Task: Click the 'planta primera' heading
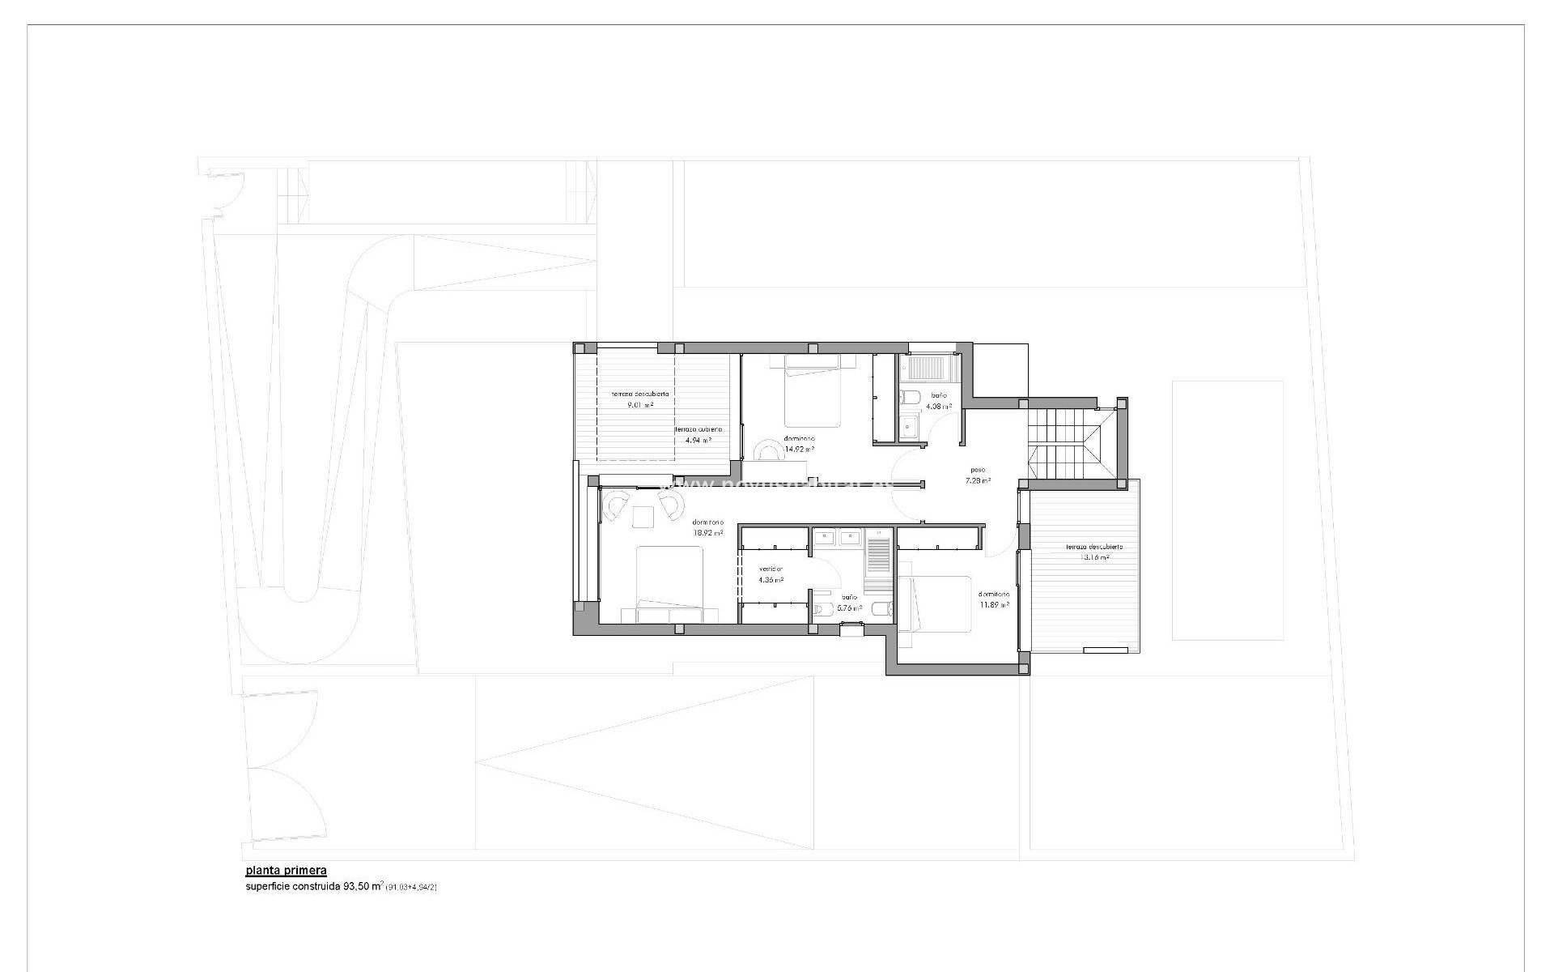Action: (x=286, y=871)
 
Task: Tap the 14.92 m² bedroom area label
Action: (x=798, y=449)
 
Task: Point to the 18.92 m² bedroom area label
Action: (x=707, y=534)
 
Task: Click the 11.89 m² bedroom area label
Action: (x=994, y=604)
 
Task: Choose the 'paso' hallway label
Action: (x=978, y=470)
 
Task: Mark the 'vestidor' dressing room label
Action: (x=771, y=569)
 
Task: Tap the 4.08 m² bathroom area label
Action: (x=938, y=407)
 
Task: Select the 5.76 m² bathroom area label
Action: (x=849, y=607)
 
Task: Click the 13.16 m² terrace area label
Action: (x=1093, y=557)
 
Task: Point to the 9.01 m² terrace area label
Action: (x=639, y=404)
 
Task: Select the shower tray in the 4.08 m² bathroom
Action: (x=931, y=369)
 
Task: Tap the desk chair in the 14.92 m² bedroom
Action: (x=763, y=450)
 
